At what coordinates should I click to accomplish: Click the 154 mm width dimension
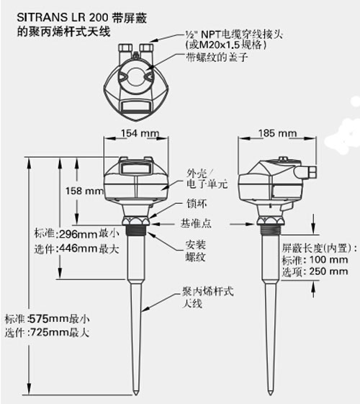[x=140, y=133]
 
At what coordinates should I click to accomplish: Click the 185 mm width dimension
[x=277, y=133]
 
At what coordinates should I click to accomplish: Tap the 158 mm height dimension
[x=84, y=191]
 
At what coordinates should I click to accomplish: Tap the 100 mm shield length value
[x=328, y=260]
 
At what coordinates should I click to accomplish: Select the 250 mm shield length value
[x=328, y=271]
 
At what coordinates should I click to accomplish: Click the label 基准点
[x=196, y=223]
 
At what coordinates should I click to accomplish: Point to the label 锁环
[x=197, y=204]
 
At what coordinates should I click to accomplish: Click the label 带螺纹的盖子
[x=217, y=57]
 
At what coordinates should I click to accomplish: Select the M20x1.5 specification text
[x=220, y=45]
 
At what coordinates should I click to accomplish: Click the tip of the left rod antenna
[x=135, y=395]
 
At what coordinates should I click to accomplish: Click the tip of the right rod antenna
[x=270, y=395]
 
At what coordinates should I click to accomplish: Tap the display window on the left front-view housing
[x=135, y=169]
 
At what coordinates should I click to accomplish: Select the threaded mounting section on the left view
[x=135, y=230]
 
